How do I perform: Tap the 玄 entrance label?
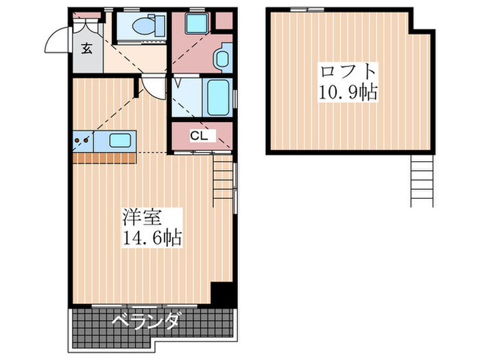[87, 48]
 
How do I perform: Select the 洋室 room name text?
[142, 219]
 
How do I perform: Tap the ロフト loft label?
[347, 71]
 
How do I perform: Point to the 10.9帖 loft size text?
[348, 92]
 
